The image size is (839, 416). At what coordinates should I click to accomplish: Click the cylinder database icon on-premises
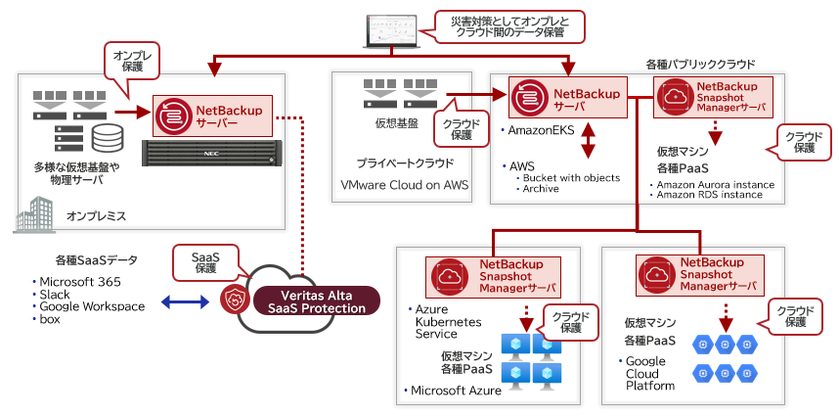pyautogui.click(x=103, y=134)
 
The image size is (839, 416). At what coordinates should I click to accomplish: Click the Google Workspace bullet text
pyautogui.click(x=92, y=306)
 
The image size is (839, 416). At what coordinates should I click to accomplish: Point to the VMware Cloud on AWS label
pyautogui.click(x=405, y=185)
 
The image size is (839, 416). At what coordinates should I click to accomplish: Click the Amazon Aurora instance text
pyautogui.click(x=716, y=184)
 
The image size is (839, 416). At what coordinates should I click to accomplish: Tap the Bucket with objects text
pyautogui.click(x=572, y=177)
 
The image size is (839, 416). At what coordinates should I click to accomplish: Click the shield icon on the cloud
pyautogui.click(x=234, y=300)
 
